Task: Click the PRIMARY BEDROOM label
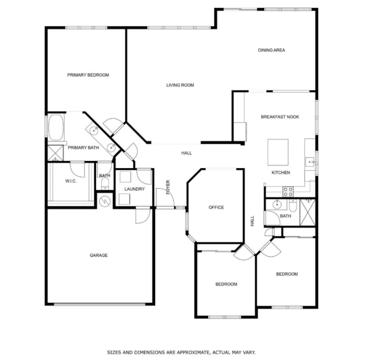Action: click(x=88, y=75)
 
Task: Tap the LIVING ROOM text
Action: click(x=180, y=85)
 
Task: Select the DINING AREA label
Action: click(x=271, y=50)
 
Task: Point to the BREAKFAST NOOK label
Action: click(x=280, y=117)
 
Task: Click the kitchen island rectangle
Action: click(x=278, y=152)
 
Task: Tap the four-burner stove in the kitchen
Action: click(x=288, y=191)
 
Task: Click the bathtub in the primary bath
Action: click(x=57, y=127)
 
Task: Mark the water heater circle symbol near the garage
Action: click(x=104, y=201)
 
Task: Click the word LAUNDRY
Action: click(x=134, y=189)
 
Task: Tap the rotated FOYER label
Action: click(x=168, y=186)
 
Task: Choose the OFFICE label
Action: click(x=216, y=207)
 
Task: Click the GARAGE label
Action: click(x=98, y=255)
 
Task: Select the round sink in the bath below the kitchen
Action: click(x=277, y=204)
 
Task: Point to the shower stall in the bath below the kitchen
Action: click(x=307, y=212)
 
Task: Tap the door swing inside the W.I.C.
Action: click(x=78, y=168)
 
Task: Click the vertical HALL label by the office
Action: click(x=252, y=221)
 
